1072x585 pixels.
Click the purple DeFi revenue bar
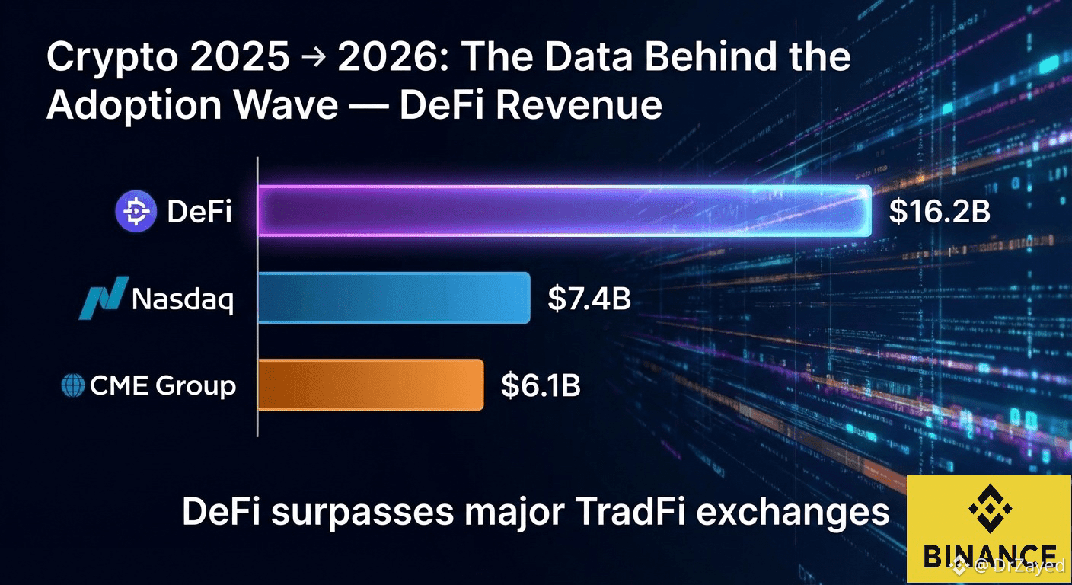pos(563,210)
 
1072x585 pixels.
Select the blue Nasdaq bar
pos(394,297)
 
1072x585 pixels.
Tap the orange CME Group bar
pos(371,385)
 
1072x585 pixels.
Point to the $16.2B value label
pos(940,212)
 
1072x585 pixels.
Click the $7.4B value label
pos(589,299)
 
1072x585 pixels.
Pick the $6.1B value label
pos(541,385)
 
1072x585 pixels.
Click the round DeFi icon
pos(136,212)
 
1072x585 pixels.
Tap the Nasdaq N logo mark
pos(101,299)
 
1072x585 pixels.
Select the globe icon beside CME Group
pos(72,385)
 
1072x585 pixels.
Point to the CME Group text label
pos(163,385)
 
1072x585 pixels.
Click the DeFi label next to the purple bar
pos(199,212)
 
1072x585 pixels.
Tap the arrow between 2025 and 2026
pos(313,59)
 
